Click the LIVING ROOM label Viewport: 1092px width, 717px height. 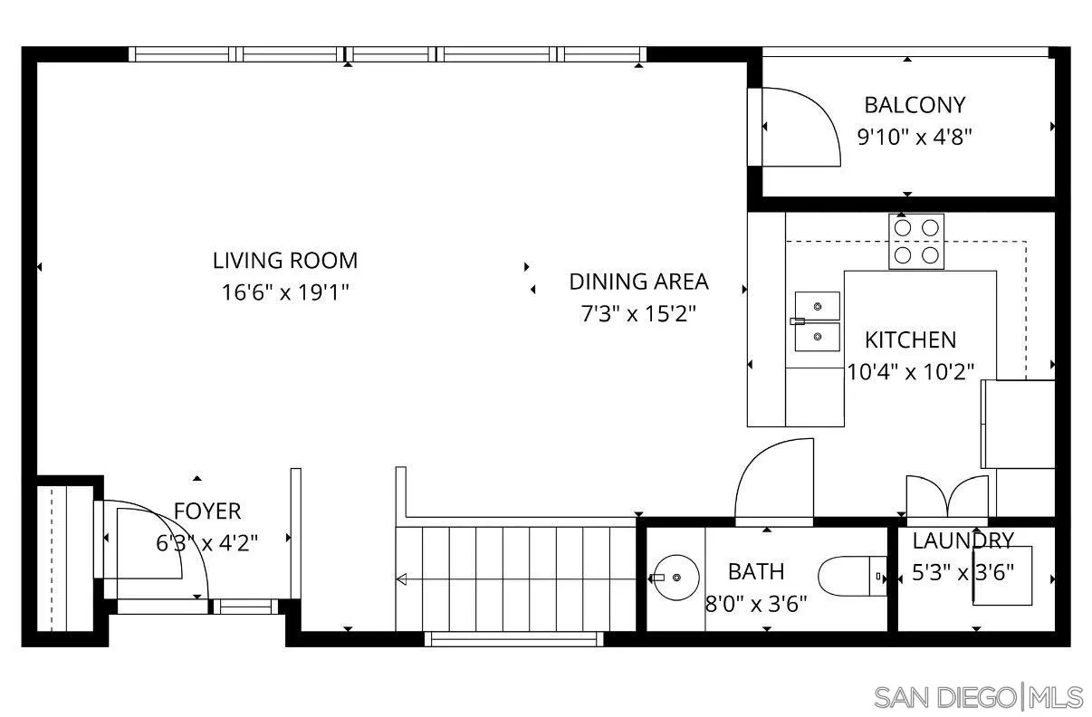tap(285, 261)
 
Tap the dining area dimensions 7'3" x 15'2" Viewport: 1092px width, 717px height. tap(638, 314)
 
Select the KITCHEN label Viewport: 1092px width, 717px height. tap(910, 340)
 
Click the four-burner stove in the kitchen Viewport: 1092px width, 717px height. tap(915, 241)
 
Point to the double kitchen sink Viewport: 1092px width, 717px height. tap(817, 321)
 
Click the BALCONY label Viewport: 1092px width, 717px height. tap(915, 105)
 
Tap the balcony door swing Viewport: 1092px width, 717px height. tap(801, 127)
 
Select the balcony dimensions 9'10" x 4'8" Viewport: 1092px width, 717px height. tap(915, 138)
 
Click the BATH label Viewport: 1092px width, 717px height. tap(756, 572)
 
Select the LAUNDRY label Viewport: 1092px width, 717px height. tap(963, 541)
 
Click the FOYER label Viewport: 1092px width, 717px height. tap(207, 511)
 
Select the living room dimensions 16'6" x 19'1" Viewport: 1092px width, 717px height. tap(285, 293)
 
